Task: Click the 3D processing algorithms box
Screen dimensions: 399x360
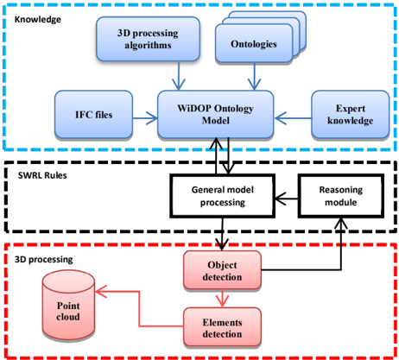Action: pyautogui.click(x=148, y=39)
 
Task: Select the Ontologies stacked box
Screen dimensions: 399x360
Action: pyautogui.click(x=261, y=37)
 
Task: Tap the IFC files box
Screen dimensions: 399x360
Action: pyautogui.click(x=93, y=115)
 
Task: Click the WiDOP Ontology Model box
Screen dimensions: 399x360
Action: pyautogui.click(x=215, y=114)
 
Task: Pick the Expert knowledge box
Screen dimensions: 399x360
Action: pyautogui.click(x=351, y=114)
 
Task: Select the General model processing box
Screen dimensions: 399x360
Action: pyautogui.click(x=222, y=196)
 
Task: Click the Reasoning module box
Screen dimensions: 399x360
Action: pyautogui.click(x=341, y=196)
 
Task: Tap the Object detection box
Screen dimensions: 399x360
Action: pyautogui.click(x=222, y=270)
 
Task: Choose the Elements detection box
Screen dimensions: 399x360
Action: pyautogui.click(x=222, y=327)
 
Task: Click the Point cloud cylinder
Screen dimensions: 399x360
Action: pyautogui.click(x=68, y=306)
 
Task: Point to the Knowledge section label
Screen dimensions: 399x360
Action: pyautogui.click(x=38, y=20)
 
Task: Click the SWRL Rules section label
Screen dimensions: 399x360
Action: pyautogui.click(x=42, y=175)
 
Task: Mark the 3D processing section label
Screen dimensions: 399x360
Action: pyautogui.click(x=44, y=259)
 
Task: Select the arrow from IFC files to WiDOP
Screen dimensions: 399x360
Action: pyautogui.click(x=145, y=118)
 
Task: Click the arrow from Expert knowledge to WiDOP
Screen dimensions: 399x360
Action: pyautogui.click(x=293, y=118)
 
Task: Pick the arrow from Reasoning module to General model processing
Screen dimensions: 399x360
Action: pyautogui.click(x=286, y=199)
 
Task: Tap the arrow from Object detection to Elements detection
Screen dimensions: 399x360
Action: pyautogui.click(x=222, y=298)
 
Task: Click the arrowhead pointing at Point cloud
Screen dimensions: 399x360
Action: pyautogui.click(x=101, y=292)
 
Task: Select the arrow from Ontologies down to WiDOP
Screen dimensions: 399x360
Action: pyautogui.click(x=255, y=77)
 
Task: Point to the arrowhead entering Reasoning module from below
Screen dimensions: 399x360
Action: pyautogui.click(x=341, y=224)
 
